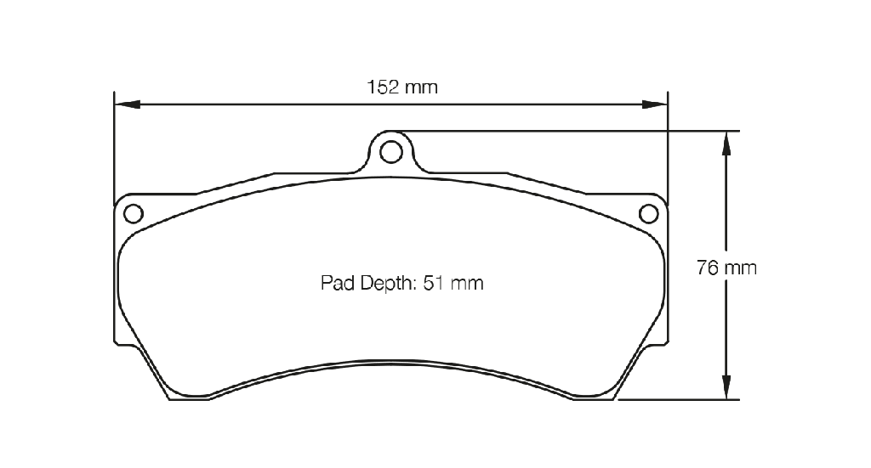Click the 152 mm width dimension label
tap(402, 87)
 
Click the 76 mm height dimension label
tap(726, 268)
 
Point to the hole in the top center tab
tap(391, 151)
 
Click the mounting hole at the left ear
tap(134, 213)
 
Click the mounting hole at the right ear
tap(648, 213)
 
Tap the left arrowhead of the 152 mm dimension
tap(128, 104)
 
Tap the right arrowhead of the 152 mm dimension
tap(654, 104)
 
